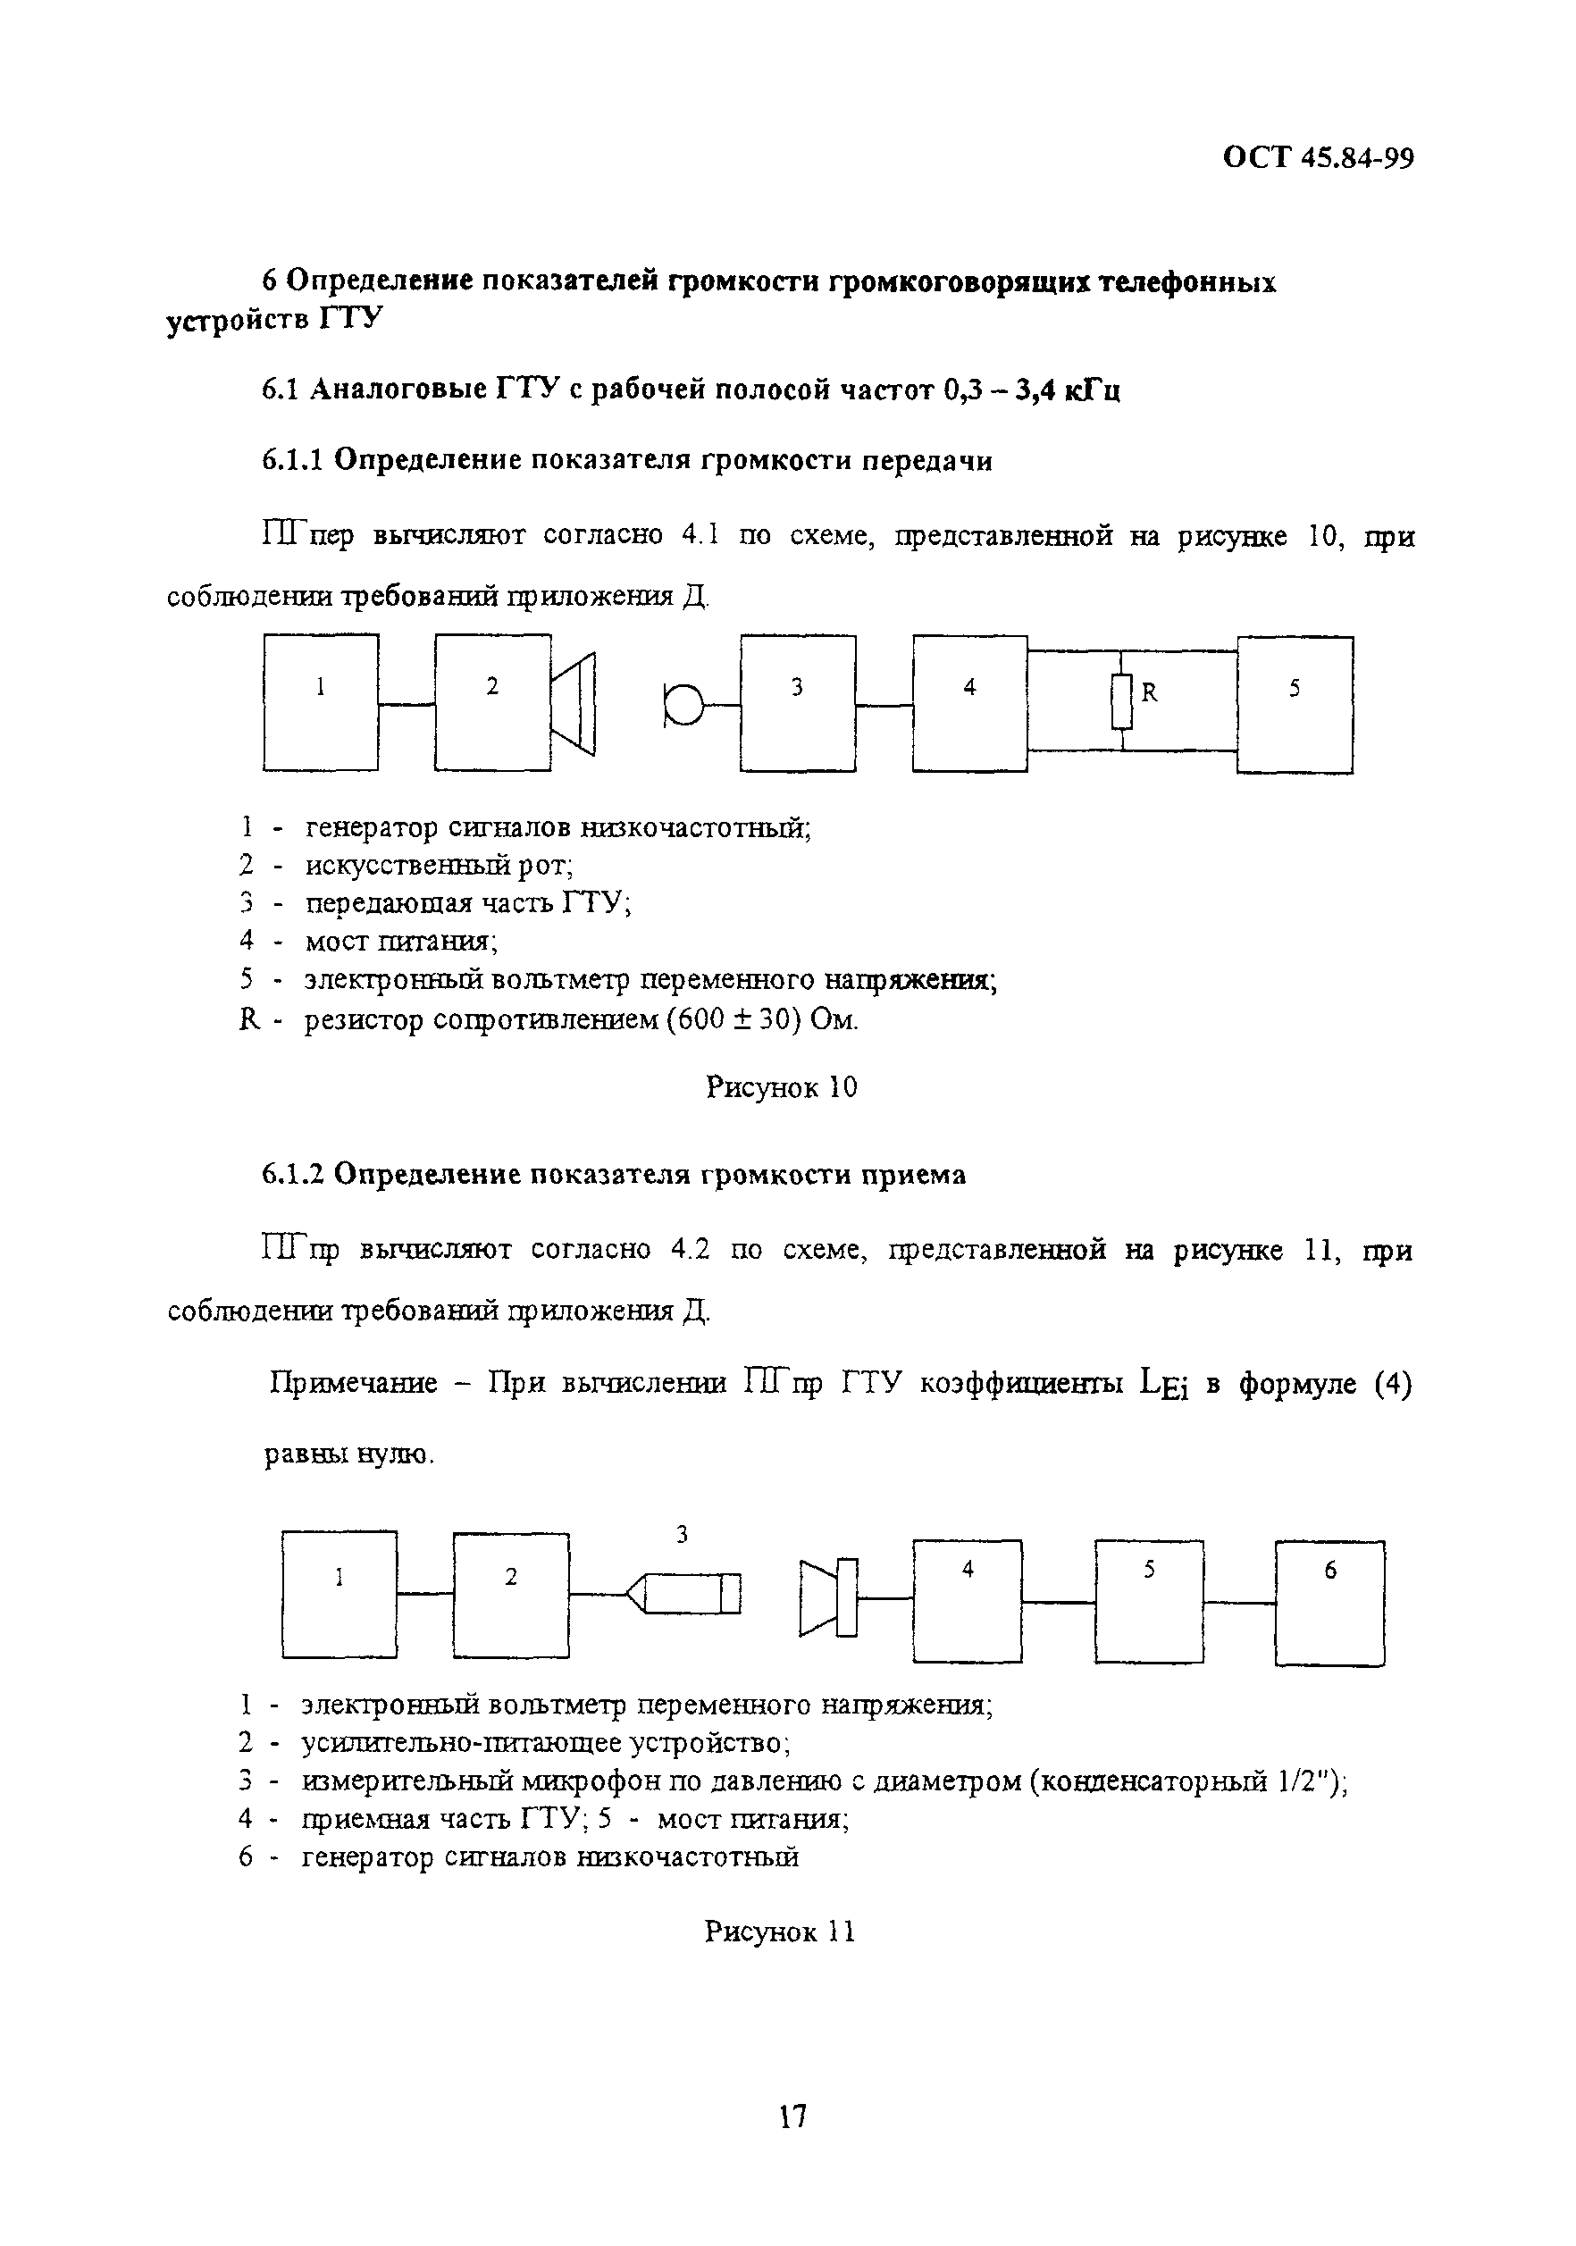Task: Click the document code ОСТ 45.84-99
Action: click(x=1318, y=157)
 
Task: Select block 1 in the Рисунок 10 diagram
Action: click(x=321, y=701)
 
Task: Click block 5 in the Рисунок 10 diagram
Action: click(x=1295, y=704)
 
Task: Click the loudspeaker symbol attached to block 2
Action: click(x=574, y=703)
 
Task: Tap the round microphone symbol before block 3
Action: click(x=683, y=703)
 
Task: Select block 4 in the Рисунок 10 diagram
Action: click(x=969, y=702)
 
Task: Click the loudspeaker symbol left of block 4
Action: click(x=827, y=1597)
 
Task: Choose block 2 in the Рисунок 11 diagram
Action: click(x=511, y=1595)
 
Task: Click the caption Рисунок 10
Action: click(x=781, y=1086)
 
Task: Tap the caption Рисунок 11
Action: click(x=780, y=1932)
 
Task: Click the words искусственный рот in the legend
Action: click(x=439, y=865)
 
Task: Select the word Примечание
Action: click(x=353, y=1383)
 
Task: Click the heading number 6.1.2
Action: click(x=292, y=1174)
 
